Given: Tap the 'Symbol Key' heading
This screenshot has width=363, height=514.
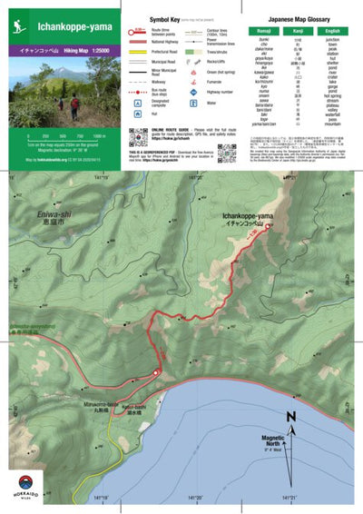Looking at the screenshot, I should [x=150, y=18].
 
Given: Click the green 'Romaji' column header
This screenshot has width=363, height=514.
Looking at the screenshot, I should [x=263, y=32].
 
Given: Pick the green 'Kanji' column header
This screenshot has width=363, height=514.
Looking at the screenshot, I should [x=300, y=32].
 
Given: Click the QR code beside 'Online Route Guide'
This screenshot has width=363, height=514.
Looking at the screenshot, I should [x=138, y=137].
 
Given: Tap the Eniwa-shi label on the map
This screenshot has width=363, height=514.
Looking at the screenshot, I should [x=41, y=214].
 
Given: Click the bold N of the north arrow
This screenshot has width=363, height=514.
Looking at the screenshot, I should [x=290, y=417].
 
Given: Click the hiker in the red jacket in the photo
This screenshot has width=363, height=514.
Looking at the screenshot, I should [x=74, y=104].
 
